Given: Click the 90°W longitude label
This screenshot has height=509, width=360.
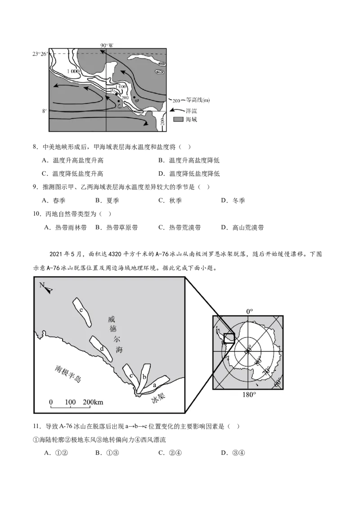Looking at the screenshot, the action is [x=107, y=45].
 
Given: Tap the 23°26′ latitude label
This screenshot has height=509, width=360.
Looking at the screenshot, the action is [x=40, y=54].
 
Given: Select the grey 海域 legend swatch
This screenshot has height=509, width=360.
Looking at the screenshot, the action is [x=178, y=120].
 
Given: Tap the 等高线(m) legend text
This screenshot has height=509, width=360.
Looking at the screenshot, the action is [x=198, y=100].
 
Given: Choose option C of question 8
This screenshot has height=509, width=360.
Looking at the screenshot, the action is [x=72, y=174].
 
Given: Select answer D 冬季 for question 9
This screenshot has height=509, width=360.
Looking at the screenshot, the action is [x=233, y=201].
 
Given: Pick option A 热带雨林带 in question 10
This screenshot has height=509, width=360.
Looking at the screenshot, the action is [x=65, y=228].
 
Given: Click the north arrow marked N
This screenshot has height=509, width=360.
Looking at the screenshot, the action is [x=46, y=288].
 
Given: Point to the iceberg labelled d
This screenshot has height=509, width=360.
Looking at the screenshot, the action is [x=101, y=348].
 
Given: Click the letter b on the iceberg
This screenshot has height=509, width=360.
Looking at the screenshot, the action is [x=144, y=377].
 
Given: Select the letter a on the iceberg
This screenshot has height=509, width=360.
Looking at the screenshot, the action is [x=155, y=384].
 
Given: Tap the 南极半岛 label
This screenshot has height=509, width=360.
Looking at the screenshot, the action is [x=68, y=374].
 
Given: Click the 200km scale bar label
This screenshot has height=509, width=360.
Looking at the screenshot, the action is [x=93, y=402].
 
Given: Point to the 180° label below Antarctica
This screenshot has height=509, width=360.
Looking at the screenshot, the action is [x=249, y=395].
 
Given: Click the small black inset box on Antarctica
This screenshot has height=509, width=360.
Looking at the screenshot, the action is [x=229, y=338].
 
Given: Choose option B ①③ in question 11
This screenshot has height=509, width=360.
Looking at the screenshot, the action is [x=107, y=453].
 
